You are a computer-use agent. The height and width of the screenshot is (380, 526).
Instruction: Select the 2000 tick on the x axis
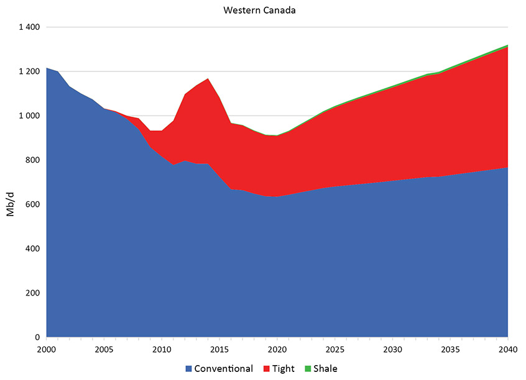[47, 349]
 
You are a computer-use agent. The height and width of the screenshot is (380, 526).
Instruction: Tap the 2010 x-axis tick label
[162, 349]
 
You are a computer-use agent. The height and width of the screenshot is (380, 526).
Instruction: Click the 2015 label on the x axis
[219, 349]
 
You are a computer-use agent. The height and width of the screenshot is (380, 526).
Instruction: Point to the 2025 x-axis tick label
[335, 349]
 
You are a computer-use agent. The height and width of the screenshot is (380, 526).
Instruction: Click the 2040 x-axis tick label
[508, 349]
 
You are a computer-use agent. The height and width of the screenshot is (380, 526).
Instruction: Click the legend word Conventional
[223, 369]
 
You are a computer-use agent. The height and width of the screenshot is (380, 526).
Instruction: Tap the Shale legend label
[325, 369]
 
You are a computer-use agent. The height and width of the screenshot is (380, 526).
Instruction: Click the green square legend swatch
[307, 369]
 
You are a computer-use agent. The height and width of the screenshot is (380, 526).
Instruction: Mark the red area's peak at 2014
[208, 79]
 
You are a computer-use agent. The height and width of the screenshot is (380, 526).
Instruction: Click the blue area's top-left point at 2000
[47, 68]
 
